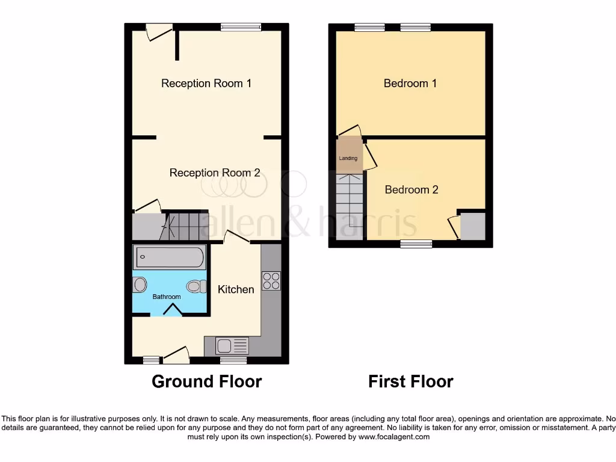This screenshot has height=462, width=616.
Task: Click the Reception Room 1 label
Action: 206,83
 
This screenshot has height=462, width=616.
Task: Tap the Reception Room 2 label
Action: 215,173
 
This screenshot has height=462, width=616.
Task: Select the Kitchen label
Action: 236,289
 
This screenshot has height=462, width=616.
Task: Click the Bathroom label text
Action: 167,297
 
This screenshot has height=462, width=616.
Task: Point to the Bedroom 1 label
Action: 410,83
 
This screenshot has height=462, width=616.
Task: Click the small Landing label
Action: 348,158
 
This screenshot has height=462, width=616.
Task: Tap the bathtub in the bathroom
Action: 170,257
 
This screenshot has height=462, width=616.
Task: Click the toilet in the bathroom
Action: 196,286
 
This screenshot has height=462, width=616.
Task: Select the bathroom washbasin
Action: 140,285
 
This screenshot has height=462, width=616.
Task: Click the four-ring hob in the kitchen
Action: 271,281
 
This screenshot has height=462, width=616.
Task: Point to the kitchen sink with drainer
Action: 232,346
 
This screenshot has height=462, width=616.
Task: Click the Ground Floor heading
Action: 206,381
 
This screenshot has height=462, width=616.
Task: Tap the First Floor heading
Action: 411,381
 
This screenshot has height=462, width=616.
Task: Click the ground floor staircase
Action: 186,226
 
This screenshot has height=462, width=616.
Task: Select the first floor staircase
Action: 349,205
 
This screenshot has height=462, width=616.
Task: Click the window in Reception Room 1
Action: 241,26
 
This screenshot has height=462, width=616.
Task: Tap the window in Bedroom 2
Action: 416,244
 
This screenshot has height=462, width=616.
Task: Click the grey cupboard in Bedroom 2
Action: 472,226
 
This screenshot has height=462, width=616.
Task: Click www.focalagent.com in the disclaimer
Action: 394,437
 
